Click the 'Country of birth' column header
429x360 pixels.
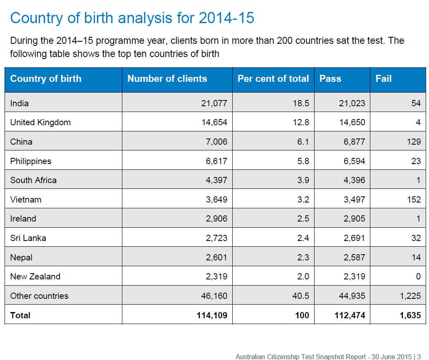[x=45, y=79]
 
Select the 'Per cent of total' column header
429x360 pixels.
[x=273, y=79]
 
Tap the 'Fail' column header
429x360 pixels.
[x=383, y=79]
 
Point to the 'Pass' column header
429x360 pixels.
[x=330, y=79]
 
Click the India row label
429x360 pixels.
[x=19, y=103]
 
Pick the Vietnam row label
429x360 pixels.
[x=26, y=200]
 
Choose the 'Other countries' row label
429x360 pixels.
[x=39, y=296]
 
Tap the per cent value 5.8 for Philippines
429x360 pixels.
[x=303, y=161]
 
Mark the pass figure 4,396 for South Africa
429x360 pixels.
[x=354, y=180]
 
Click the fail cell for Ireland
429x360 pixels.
[x=418, y=219]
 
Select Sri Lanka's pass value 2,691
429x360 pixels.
[x=354, y=238]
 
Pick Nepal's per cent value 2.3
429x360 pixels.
[x=303, y=257]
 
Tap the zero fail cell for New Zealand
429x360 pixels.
[x=418, y=277]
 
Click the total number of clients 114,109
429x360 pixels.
[x=212, y=315]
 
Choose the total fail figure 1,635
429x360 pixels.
[x=410, y=315]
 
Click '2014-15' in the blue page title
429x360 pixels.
[x=226, y=18]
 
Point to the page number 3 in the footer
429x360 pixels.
[x=419, y=356]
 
